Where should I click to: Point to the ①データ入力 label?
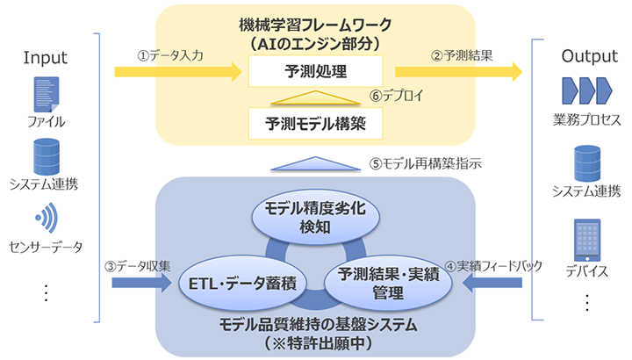(x=172, y=54)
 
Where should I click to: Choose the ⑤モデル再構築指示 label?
(x=425, y=162)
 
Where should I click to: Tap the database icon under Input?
(x=45, y=156)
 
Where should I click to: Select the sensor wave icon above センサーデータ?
(x=45, y=216)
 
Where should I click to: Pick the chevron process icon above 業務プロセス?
(x=585, y=91)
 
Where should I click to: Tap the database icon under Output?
(x=586, y=163)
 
